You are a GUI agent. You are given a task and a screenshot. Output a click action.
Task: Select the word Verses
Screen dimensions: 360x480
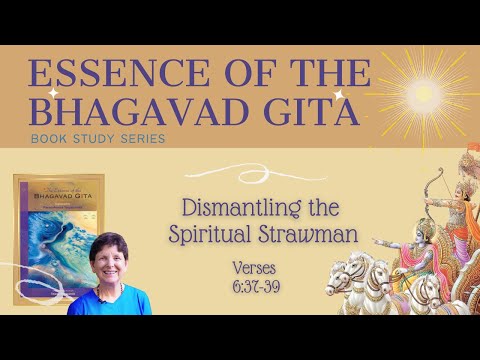[x=259, y=268]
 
